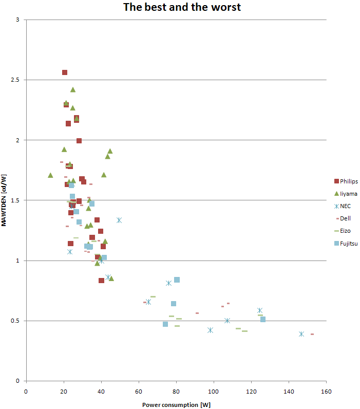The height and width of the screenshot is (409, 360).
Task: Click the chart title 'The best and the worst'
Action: [x=181, y=7]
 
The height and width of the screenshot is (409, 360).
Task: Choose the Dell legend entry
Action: [x=345, y=218]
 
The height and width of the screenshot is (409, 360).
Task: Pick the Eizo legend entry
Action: [x=345, y=231]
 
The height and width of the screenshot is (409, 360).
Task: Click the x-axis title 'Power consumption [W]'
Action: [x=176, y=404]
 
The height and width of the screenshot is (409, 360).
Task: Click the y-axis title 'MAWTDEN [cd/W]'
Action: [x=5, y=200]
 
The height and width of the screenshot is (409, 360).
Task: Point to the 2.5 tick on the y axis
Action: [x=20, y=80]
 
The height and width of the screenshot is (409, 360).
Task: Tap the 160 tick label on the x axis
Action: [x=326, y=392]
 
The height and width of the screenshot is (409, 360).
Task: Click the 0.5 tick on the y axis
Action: [x=20, y=321]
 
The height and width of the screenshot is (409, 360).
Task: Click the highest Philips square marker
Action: [x=65, y=72]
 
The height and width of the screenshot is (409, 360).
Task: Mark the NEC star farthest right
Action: [x=301, y=334]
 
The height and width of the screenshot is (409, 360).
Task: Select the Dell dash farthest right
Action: [x=312, y=334]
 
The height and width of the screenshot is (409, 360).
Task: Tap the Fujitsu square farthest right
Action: [x=263, y=319]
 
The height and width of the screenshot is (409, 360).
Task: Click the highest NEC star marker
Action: [x=119, y=220]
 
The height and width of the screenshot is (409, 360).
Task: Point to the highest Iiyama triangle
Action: [x=73, y=89]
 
